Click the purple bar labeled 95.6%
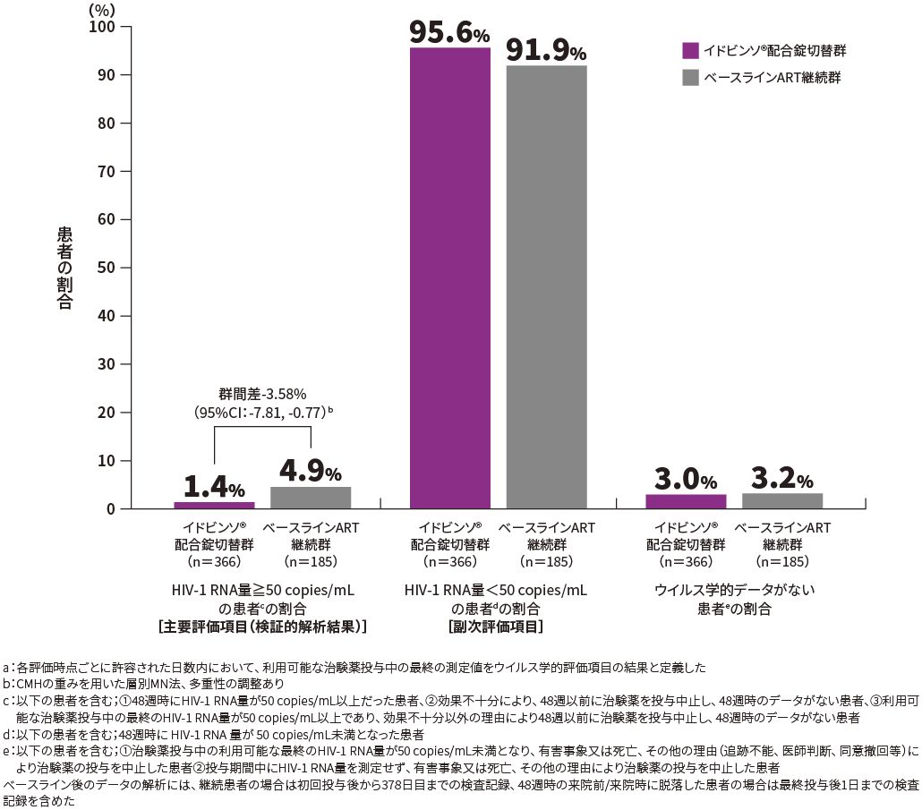[x=450, y=277]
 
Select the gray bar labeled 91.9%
[x=546, y=286]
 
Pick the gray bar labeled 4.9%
[x=311, y=498]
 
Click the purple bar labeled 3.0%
[x=686, y=501]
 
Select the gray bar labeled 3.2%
[x=782, y=500]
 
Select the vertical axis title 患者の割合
[x=64, y=268]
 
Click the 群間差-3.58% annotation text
[x=263, y=393]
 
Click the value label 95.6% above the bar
[x=449, y=32]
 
